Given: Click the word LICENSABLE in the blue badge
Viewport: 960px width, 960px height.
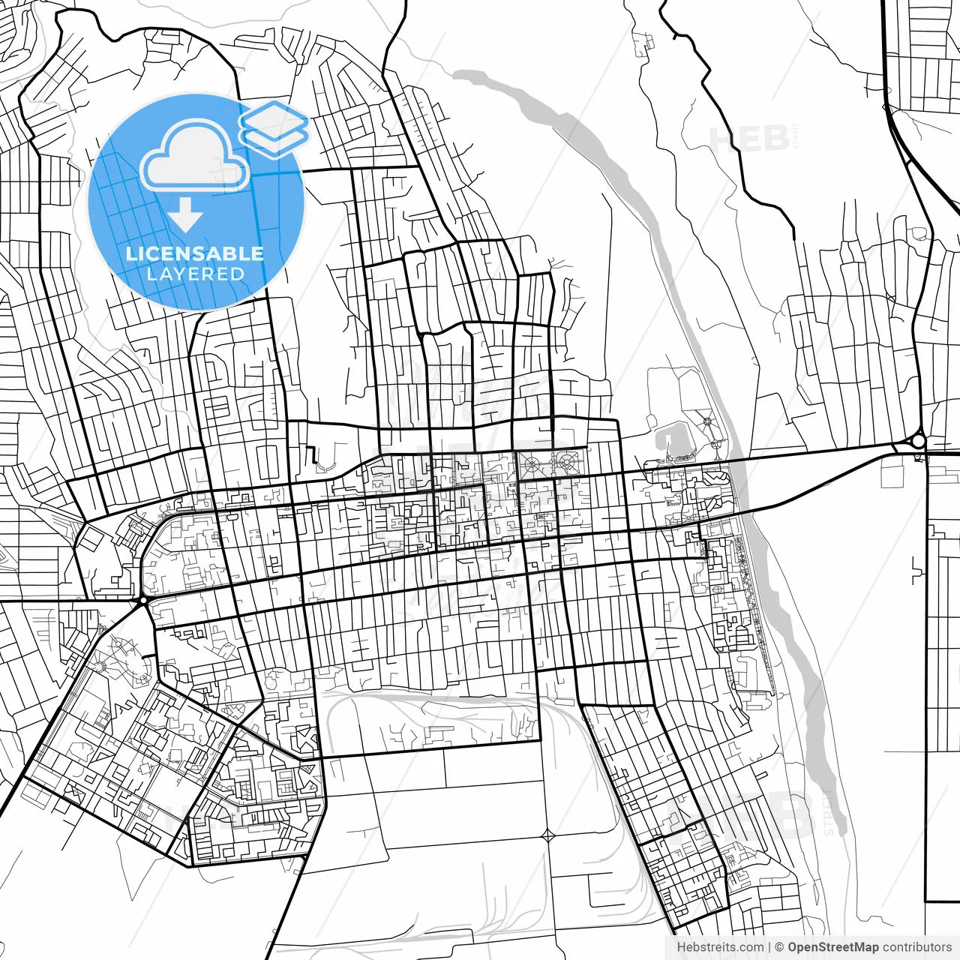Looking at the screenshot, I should pyautogui.click(x=195, y=253).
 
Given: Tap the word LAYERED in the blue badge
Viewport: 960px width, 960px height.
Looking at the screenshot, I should pyautogui.click(x=195, y=274).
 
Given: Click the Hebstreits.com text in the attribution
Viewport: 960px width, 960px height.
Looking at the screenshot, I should pyautogui.click(x=720, y=947).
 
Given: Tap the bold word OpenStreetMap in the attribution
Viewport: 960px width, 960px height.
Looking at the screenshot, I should pyautogui.click(x=833, y=947).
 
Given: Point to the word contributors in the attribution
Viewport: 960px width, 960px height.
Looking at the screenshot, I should pyautogui.click(x=917, y=947).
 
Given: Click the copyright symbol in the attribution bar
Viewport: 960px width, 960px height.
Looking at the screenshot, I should pyautogui.click(x=779, y=947).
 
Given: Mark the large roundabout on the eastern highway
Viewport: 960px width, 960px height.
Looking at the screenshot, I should pyautogui.click(x=918, y=442).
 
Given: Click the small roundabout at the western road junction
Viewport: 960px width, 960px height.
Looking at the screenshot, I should pyautogui.click(x=142, y=601).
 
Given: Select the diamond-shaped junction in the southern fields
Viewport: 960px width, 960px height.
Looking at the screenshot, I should pyautogui.click(x=548, y=834).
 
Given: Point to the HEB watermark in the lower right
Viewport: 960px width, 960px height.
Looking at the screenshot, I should pyautogui.click(x=780, y=814).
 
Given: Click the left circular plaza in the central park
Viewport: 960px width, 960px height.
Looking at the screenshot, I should pyautogui.click(x=532, y=465).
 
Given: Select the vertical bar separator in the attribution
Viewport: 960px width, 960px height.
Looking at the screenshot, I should pyautogui.click(x=769, y=947).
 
